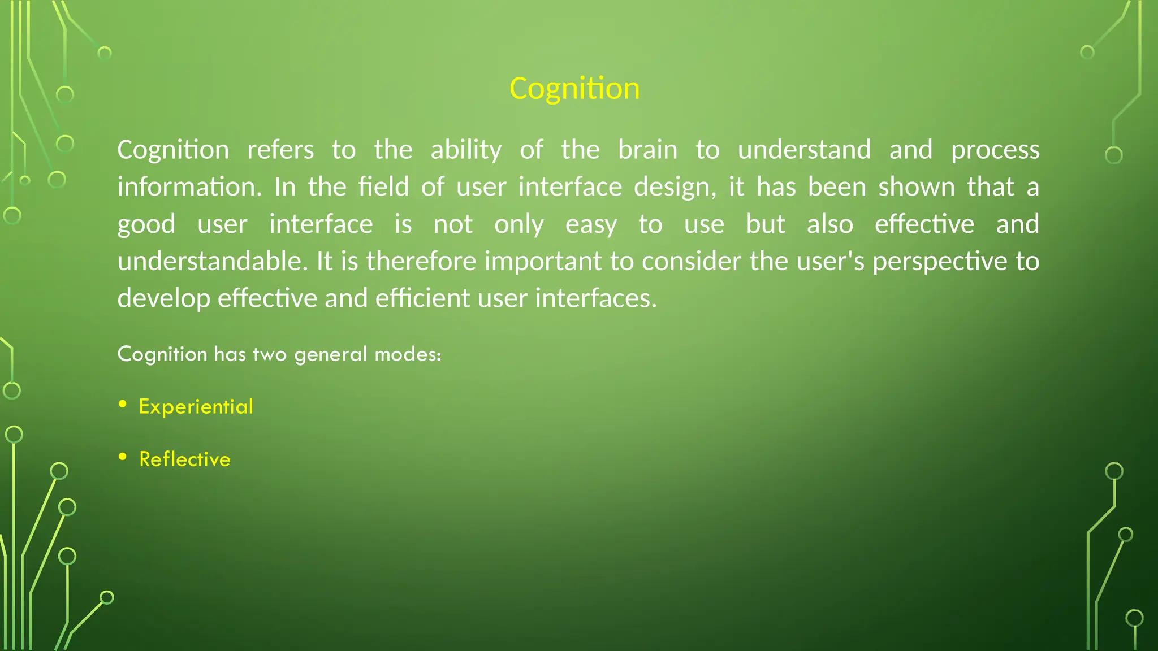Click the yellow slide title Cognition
[574, 89]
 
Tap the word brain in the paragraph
[647, 150]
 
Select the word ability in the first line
[466, 150]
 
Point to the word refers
[280, 150]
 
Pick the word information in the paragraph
[189, 187]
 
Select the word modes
[408, 354]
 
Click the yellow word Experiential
[196, 407]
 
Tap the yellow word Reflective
[185, 459]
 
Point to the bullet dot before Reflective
[123, 456]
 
